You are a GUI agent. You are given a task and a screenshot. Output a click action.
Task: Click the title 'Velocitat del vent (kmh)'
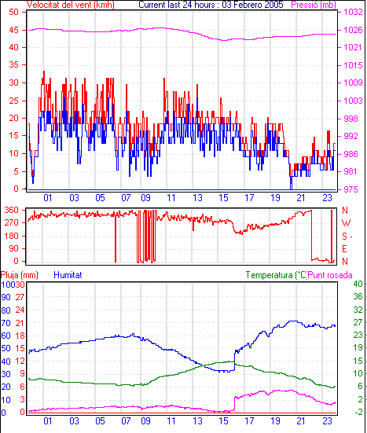71,5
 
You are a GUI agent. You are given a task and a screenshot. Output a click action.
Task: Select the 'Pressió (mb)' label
314,5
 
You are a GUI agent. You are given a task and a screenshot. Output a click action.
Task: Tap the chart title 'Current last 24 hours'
177,5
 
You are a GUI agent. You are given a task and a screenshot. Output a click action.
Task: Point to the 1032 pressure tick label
353,12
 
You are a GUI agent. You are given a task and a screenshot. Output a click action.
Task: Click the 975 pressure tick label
350,189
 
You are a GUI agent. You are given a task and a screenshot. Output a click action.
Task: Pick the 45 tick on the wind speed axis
14,30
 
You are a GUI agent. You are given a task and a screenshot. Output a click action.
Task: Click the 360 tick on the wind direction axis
12,210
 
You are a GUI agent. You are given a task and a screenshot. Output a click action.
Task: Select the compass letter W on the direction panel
346,223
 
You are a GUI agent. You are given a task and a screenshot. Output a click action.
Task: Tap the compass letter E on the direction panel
344,249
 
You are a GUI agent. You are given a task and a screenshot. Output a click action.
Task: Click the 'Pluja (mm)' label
20,275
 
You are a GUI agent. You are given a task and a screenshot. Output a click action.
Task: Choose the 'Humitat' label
68,275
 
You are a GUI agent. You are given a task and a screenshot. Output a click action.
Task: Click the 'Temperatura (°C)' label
277,275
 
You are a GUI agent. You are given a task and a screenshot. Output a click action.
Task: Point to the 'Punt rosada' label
330,275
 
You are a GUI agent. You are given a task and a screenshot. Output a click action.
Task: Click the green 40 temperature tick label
358,284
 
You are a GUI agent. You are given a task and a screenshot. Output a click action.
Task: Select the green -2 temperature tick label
358,412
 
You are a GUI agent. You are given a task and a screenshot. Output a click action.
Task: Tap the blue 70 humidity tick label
6,323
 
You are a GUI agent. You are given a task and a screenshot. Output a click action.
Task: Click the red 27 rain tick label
20,297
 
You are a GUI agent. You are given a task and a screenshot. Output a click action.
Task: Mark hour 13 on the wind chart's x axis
198,198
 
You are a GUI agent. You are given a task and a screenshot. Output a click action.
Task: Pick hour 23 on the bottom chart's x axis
327,421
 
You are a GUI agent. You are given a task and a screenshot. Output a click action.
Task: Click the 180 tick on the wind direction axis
12,236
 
